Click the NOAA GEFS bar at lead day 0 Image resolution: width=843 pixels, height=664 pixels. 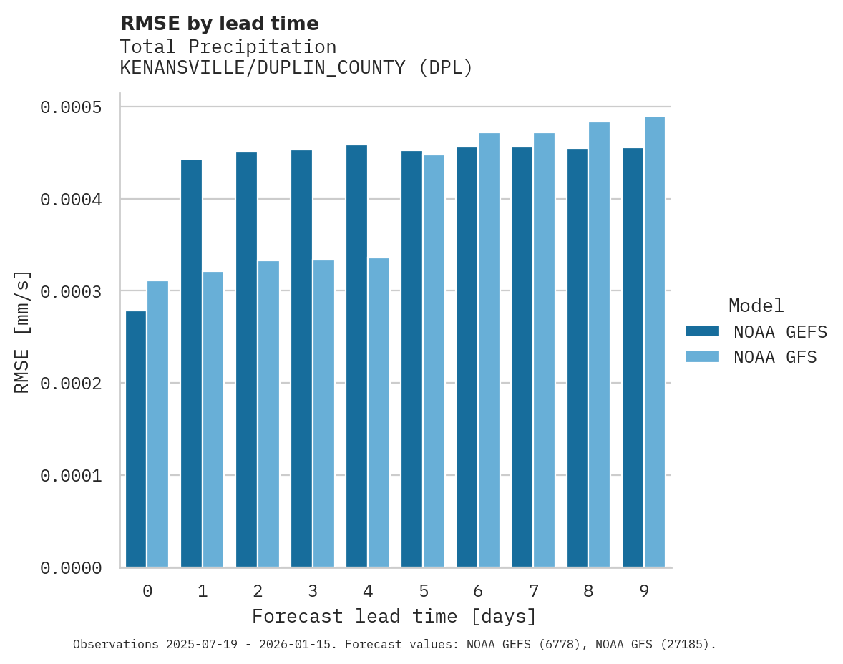tap(136, 439)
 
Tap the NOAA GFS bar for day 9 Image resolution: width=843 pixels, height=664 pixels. tap(655, 341)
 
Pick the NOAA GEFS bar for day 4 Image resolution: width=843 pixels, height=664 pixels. tap(356, 356)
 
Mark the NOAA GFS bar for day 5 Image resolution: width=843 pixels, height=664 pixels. tap(434, 361)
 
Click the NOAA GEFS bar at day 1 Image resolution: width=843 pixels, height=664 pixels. tap(191, 363)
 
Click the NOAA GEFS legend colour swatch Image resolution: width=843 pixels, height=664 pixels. tap(702, 331)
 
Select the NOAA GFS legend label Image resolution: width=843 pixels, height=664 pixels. tap(775, 357)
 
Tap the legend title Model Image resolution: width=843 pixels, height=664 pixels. tap(756, 306)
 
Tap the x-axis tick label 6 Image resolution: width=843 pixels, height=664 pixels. tap(478, 591)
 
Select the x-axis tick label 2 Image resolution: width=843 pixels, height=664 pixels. tap(258, 591)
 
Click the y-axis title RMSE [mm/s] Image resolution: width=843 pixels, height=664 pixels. tap(22, 331)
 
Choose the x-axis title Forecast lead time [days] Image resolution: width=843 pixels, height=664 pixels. tap(394, 616)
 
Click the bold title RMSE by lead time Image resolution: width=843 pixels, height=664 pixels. tap(220, 24)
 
